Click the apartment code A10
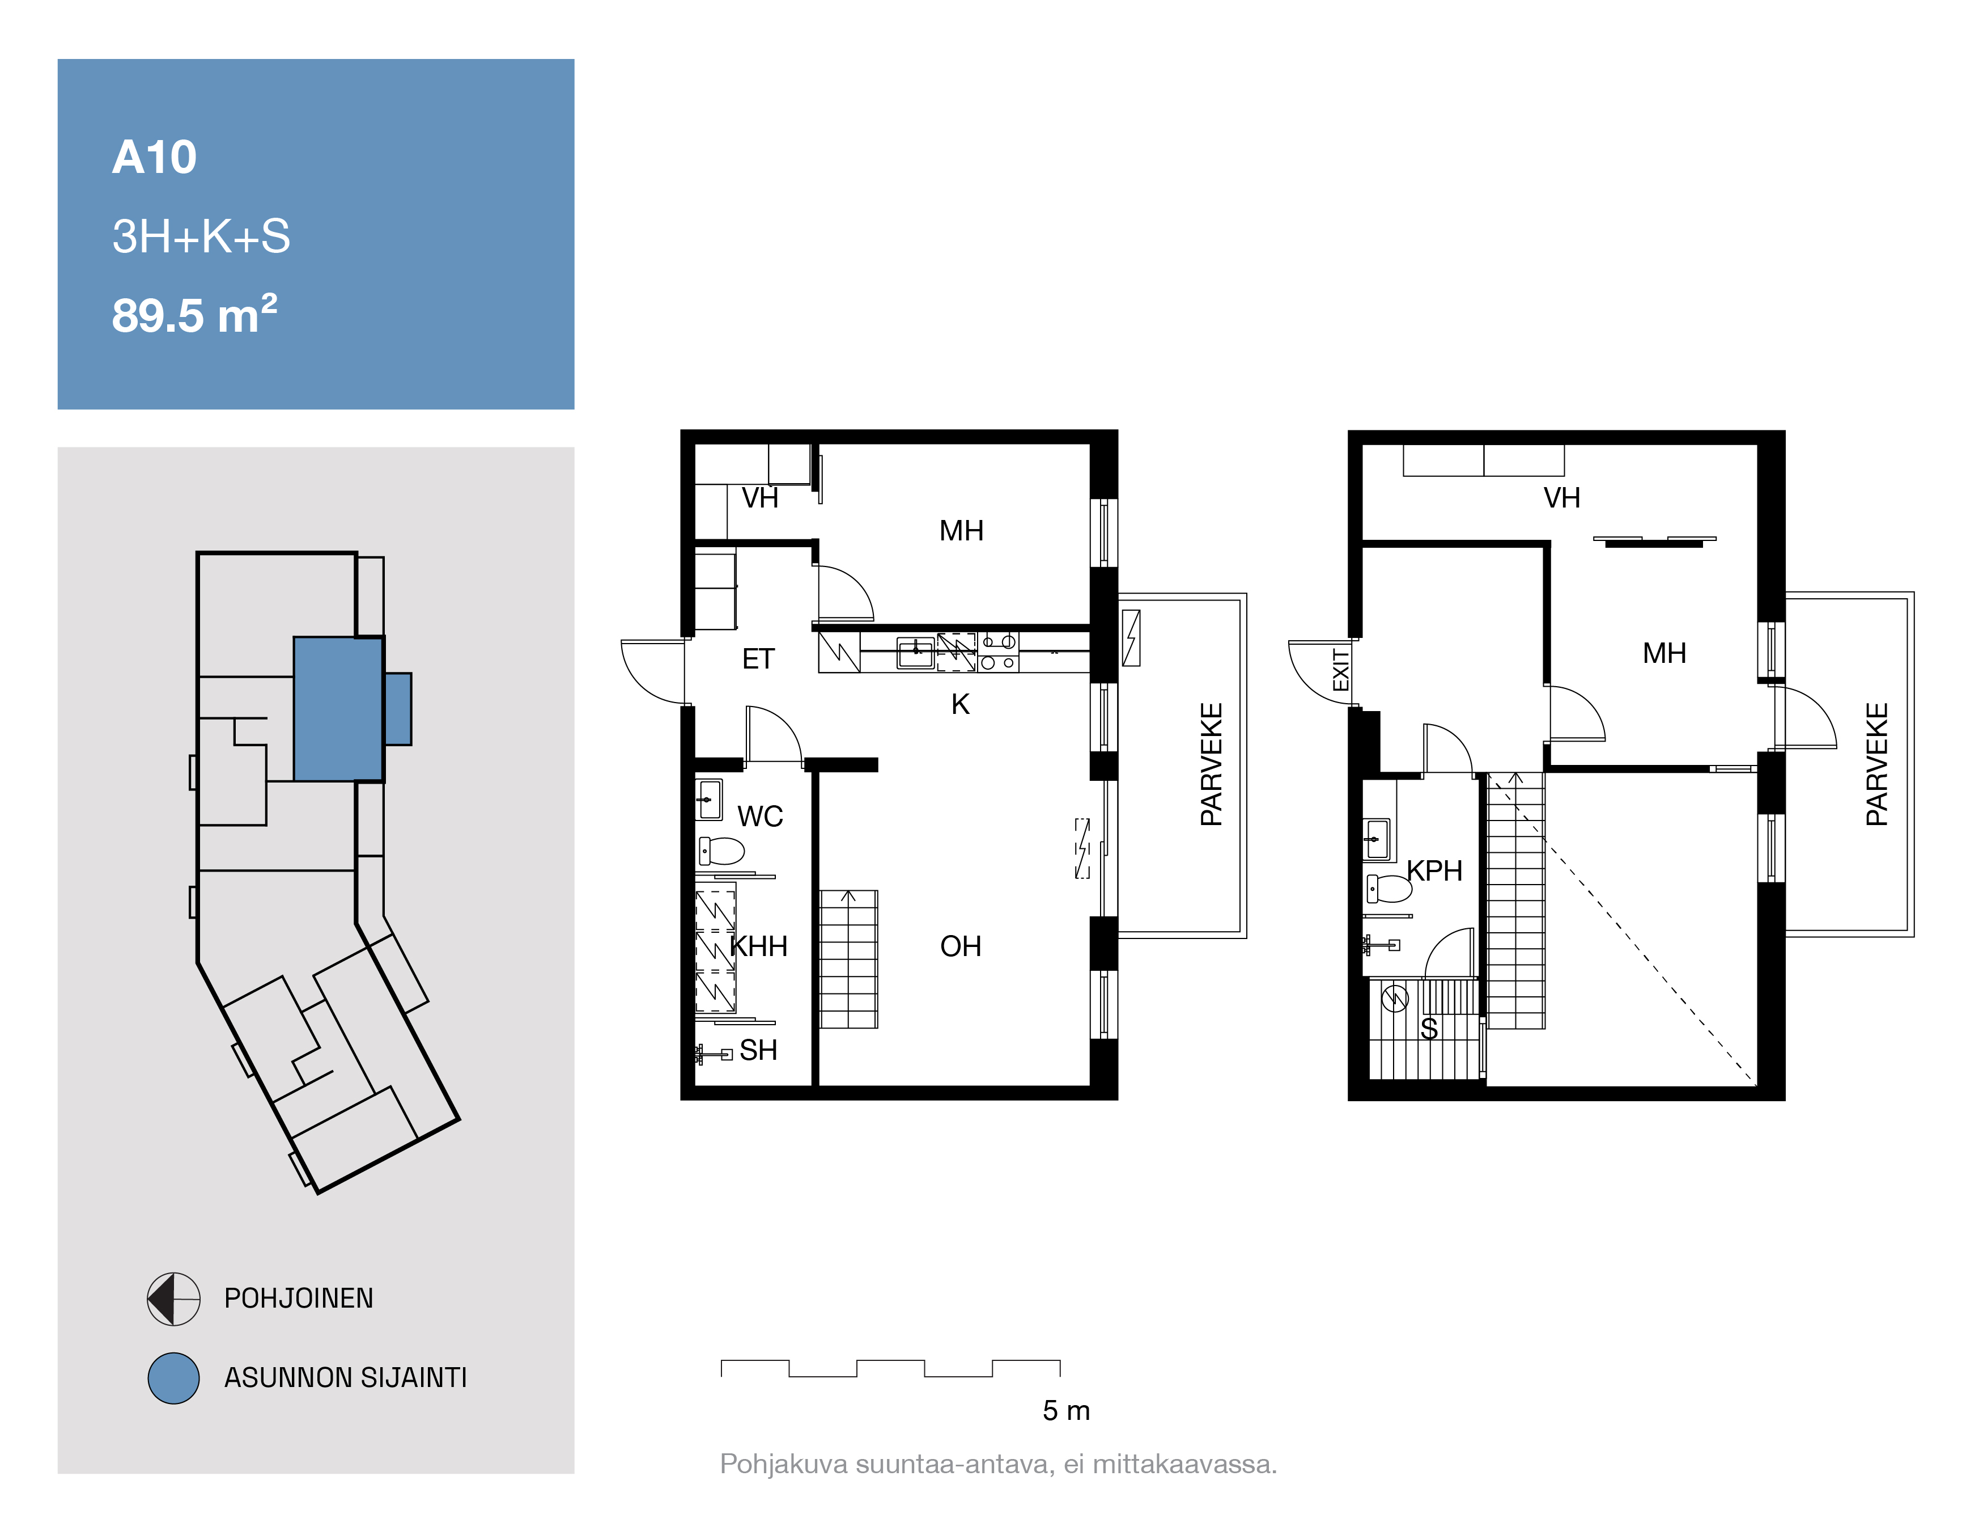coord(154,157)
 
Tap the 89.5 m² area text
coord(194,314)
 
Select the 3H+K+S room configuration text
coord(201,236)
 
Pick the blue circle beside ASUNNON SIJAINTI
coord(173,1378)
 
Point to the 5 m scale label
coord(1066,1411)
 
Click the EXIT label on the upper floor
coord(1341,670)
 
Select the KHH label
coord(759,946)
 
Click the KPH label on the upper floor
coord(1434,871)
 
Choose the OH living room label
coord(961,946)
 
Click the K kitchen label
coord(961,704)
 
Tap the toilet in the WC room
coord(722,851)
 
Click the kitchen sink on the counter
coord(915,652)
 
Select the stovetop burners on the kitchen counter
coord(998,652)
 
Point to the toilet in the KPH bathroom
coord(1389,889)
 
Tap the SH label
coord(758,1050)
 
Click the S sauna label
coord(1429,1029)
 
